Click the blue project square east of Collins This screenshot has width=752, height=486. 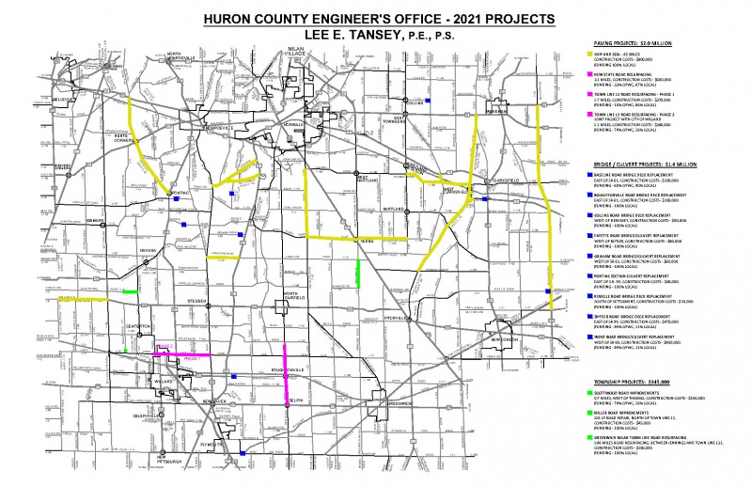pyautogui.click(x=430, y=102)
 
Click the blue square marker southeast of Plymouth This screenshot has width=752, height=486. pyautogui.click(x=243, y=456)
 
